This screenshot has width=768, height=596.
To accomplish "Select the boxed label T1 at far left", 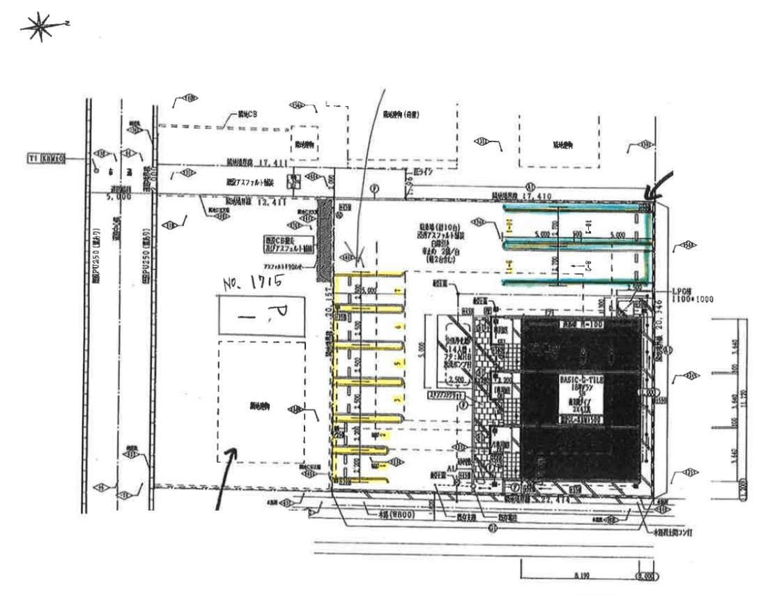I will pyautogui.click(x=46, y=159).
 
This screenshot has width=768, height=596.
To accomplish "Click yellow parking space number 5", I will pyautogui.click(x=398, y=364).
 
